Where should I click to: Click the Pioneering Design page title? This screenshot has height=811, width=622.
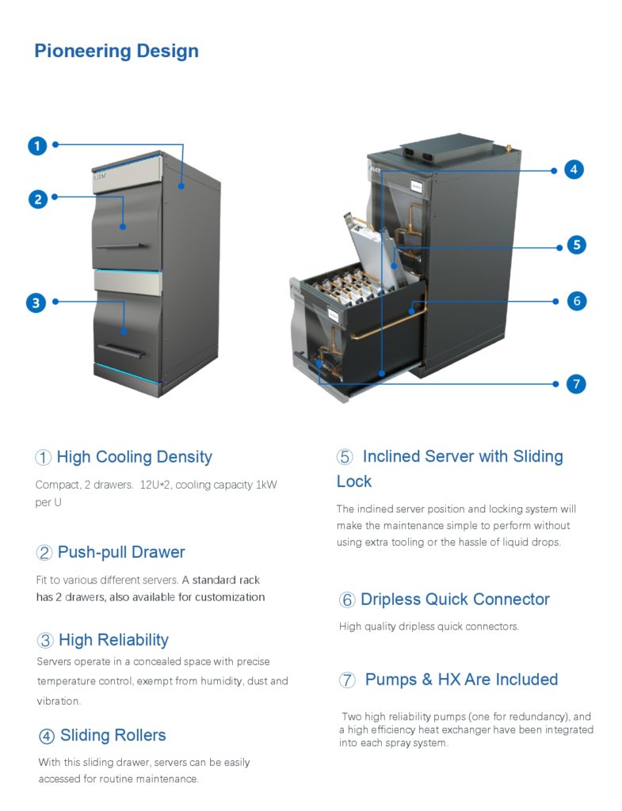click(x=116, y=51)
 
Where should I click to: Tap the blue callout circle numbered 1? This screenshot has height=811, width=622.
click(x=37, y=146)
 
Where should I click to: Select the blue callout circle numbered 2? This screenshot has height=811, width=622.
click(x=38, y=199)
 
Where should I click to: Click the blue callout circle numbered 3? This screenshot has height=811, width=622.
click(x=36, y=303)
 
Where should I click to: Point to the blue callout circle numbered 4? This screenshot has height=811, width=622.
click(x=574, y=169)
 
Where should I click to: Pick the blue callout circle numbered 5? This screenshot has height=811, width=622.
click(x=577, y=245)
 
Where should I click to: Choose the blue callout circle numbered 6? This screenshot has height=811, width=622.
click(x=577, y=300)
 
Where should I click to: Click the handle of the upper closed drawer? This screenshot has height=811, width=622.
click(x=120, y=246)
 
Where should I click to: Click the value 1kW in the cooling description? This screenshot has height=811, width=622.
click(x=266, y=485)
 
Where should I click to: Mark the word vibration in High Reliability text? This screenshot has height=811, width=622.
click(x=59, y=702)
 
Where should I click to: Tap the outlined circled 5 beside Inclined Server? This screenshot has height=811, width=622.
click(x=345, y=457)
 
